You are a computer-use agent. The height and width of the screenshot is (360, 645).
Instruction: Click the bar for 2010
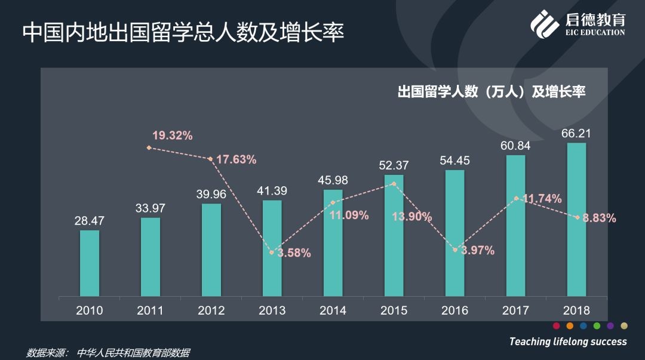[x=90, y=263]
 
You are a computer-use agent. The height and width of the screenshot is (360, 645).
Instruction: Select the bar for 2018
[x=576, y=220]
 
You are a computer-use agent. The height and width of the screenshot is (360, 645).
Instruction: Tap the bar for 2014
[x=333, y=243]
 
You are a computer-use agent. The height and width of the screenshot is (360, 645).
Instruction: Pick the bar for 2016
[x=454, y=233]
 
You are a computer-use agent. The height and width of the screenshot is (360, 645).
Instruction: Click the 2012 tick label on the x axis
[x=211, y=310]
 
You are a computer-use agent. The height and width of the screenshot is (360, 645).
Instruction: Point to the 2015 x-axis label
[x=394, y=310]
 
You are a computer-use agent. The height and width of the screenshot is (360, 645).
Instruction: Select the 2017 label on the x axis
[x=515, y=310]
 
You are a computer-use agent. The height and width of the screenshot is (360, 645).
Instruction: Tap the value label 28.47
[x=90, y=221]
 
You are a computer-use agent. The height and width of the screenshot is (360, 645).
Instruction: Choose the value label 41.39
[x=272, y=190]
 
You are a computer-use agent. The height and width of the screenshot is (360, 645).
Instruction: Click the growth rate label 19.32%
[x=172, y=136]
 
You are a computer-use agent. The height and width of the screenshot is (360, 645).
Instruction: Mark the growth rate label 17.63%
[x=236, y=159]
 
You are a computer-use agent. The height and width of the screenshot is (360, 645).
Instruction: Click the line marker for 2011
[x=149, y=147]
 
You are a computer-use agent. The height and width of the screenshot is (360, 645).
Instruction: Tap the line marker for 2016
[x=455, y=250]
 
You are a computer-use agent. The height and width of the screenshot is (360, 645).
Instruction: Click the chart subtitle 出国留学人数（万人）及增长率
[x=491, y=92]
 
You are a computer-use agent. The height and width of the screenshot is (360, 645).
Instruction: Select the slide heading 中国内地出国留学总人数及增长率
[x=183, y=32]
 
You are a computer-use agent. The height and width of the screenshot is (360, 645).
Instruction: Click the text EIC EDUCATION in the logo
[x=595, y=32]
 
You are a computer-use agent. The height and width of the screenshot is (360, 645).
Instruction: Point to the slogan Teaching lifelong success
[x=568, y=341]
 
